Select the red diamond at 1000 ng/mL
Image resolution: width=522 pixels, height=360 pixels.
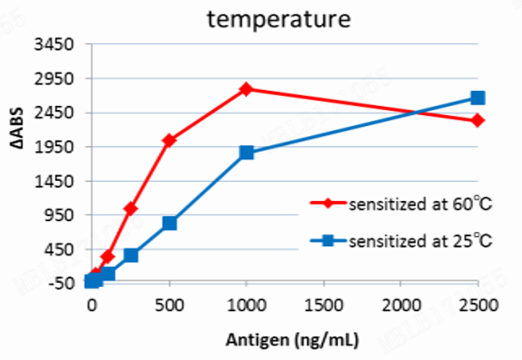(246, 88)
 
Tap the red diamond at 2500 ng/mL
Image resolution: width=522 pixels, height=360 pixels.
(478, 120)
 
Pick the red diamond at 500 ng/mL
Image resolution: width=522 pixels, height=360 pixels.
(169, 140)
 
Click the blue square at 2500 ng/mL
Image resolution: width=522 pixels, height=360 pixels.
(478, 98)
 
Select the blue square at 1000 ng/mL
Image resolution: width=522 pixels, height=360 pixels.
(247, 153)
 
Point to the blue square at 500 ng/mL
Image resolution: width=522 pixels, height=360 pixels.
(169, 223)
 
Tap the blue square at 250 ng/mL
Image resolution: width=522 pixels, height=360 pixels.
(131, 256)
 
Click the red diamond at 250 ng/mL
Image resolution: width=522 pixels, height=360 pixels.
(130, 209)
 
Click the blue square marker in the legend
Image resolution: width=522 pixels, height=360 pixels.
(328, 239)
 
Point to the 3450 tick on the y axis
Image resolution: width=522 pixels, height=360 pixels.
(58, 44)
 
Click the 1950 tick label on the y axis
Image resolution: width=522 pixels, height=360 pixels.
(58, 146)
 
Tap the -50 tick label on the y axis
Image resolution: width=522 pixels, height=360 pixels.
(63, 283)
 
